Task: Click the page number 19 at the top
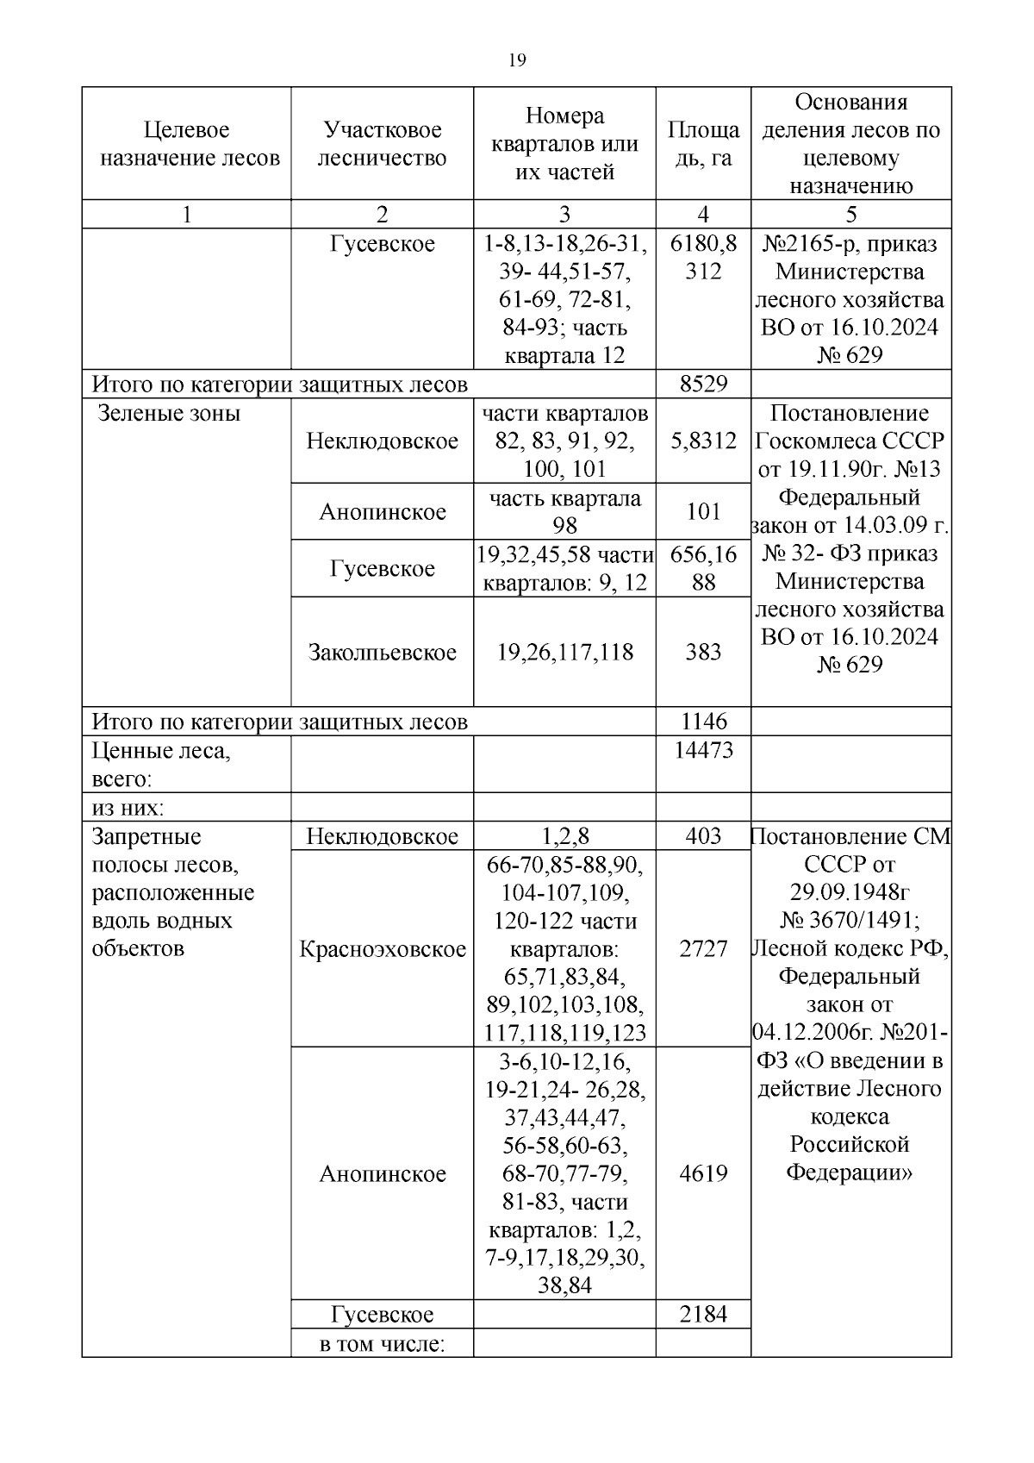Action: pos(517,60)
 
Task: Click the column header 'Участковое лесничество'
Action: pos(382,144)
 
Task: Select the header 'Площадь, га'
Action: pos(703,144)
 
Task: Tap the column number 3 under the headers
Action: pos(564,215)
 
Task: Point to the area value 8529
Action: pos(703,385)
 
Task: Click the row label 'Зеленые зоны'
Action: pos(169,413)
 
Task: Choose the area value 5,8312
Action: pos(703,441)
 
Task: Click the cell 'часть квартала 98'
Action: pos(564,511)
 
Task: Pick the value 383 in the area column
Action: pos(703,653)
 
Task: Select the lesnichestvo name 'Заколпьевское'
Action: pos(382,653)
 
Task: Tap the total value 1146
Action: pos(703,722)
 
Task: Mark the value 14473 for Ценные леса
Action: pos(703,750)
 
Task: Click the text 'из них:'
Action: pos(128,808)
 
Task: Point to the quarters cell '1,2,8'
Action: pos(564,836)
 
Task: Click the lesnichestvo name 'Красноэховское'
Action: pos(382,949)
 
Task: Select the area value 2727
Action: pos(703,949)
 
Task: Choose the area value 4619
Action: pos(703,1173)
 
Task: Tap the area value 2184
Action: pos(703,1314)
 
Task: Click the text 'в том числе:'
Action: pos(382,1343)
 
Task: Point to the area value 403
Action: pos(703,836)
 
